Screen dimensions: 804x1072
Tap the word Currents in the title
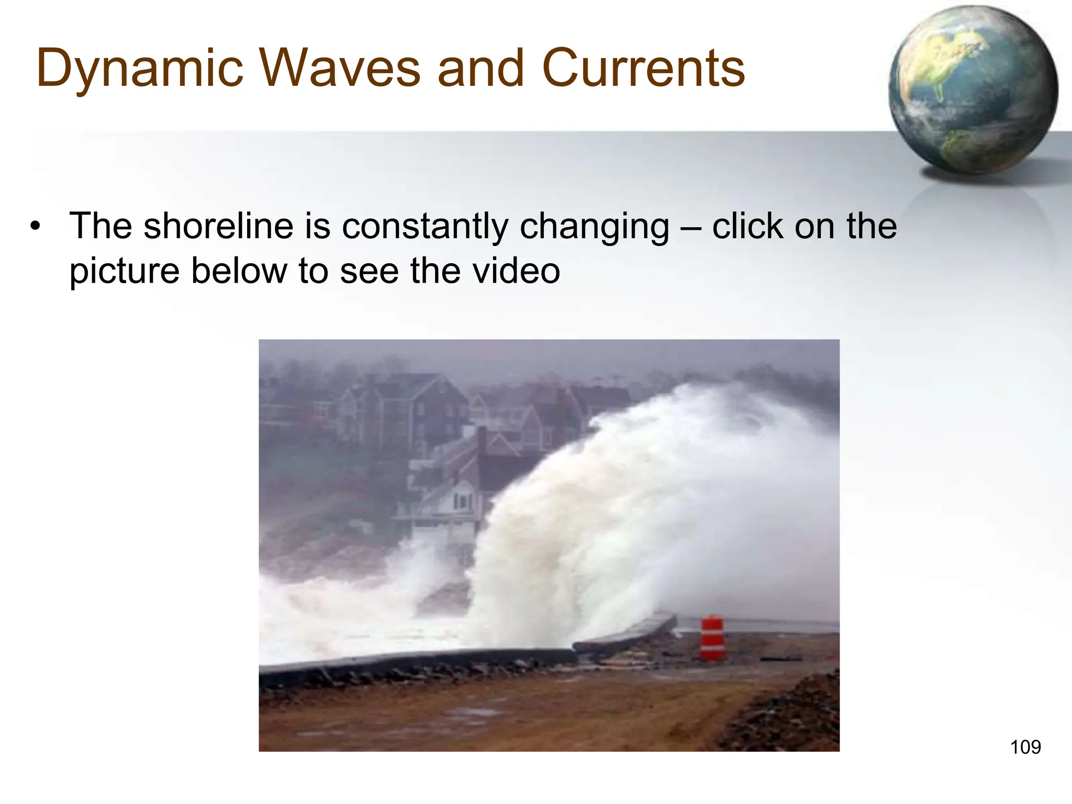pyautogui.click(x=643, y=68)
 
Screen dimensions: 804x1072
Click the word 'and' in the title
pyautogui.click(x=481, y=68)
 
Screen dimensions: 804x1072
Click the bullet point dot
pyautogui.click(x=35, y=227)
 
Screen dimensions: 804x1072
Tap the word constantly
pyautogui.click(x=425, y=226)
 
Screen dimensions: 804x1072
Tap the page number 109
pyautogui.click(x=1025, y=747)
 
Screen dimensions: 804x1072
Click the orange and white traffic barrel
pyautogui.click(x=712, y=638)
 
